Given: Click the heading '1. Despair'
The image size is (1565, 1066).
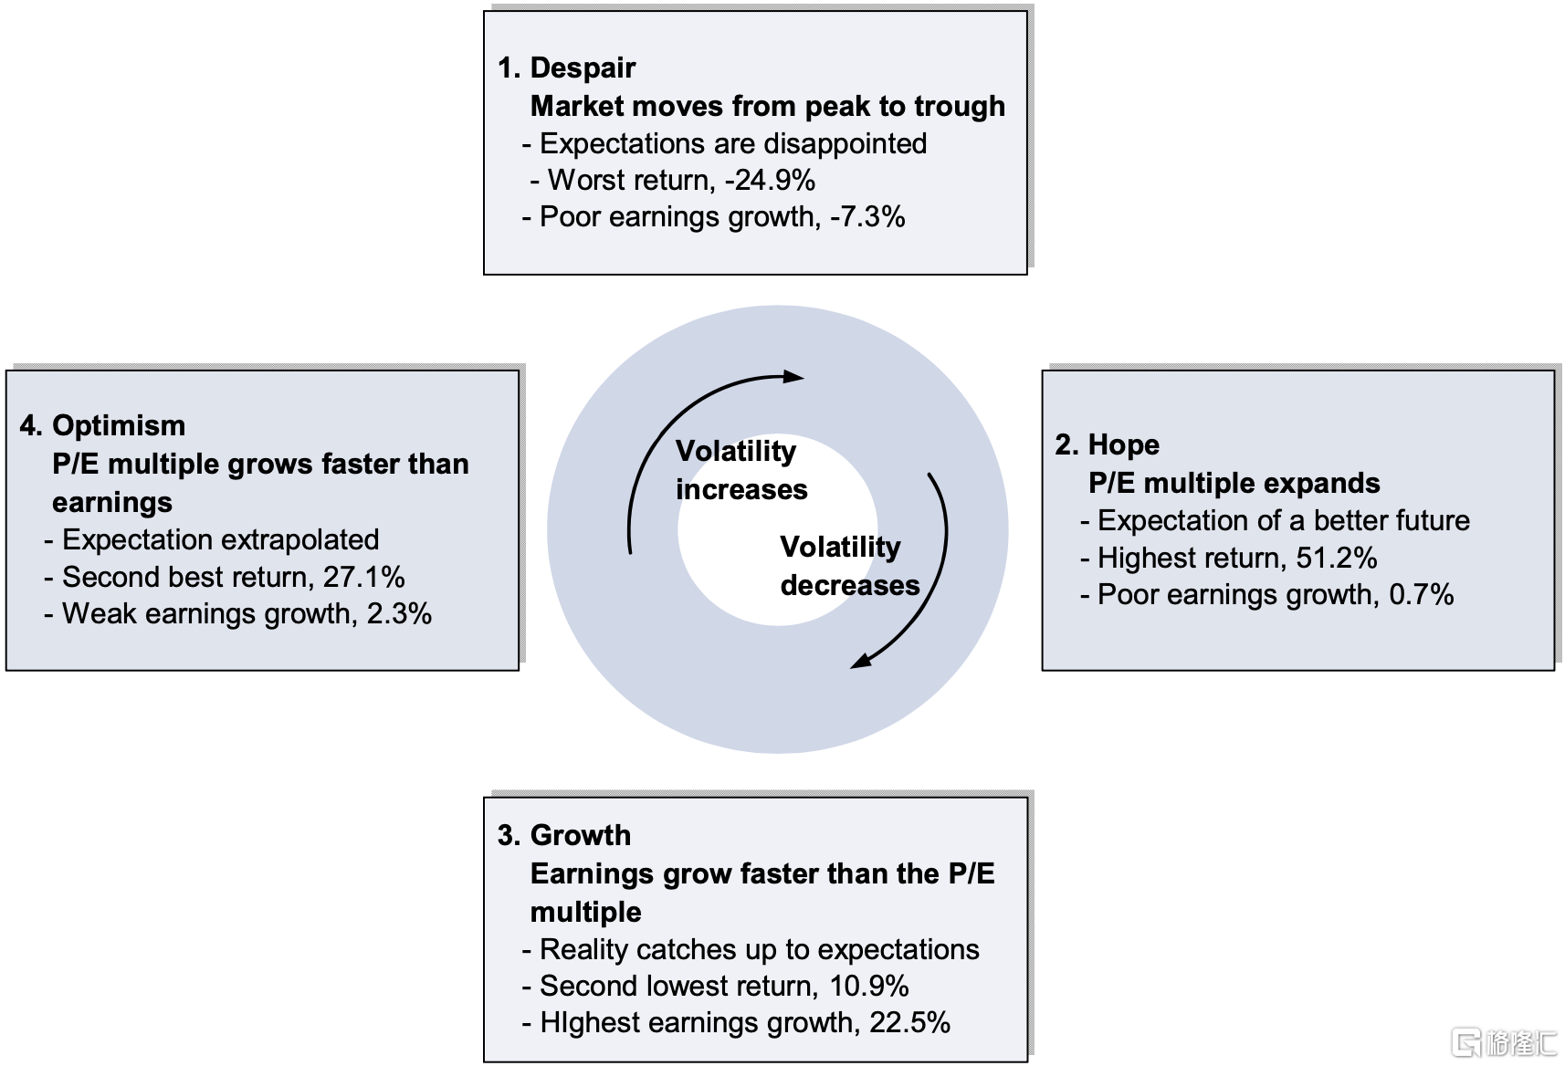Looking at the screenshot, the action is (x=567, y=68).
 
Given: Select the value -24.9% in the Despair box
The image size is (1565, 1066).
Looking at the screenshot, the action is (x=770, y=180).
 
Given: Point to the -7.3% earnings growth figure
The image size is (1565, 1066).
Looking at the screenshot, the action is (x=867, y=216).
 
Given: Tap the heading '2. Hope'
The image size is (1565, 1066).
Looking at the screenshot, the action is (x=1108, y=445).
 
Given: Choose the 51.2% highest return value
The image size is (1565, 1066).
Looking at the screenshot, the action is (x=1337, y=559).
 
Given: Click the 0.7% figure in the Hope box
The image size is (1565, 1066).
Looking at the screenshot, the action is (x=1421, y=594).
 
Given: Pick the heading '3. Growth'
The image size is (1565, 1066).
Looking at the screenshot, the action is (x=563, y=835).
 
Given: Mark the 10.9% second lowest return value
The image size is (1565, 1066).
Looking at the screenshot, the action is (x=869, y=987).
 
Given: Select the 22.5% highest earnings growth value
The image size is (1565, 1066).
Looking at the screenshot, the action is (x=909, y=1023).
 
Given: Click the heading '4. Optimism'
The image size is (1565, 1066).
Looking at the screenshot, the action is (x=102, y=425).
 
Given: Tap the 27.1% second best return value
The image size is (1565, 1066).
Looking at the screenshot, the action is (x=364, y=577).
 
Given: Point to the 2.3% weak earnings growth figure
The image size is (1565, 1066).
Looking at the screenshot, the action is (x=399, y=614).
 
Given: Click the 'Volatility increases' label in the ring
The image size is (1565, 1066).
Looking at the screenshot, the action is (x=741, y=470).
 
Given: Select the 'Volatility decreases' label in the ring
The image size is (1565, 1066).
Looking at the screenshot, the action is (x=849, y=566).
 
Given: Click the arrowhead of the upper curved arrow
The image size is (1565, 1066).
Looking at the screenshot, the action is (x=793, y=377).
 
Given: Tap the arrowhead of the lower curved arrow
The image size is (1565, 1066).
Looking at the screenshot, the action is (x=860, y=661).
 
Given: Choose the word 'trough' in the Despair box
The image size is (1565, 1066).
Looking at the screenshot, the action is (x=960, y=106).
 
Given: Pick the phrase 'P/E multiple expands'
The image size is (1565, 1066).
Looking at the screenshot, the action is (x=1234, y=484).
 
